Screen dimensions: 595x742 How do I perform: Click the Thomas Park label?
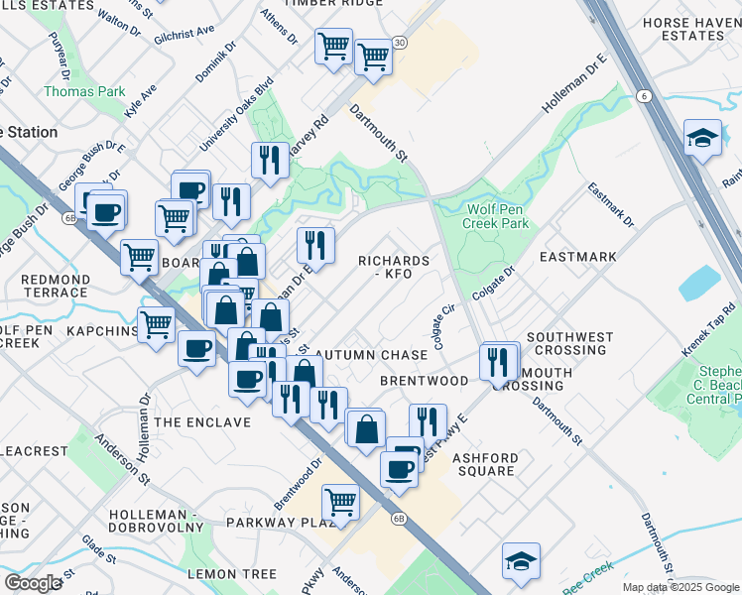pyautogui.click(x=84, y=91)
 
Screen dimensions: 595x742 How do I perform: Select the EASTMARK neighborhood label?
pyautogui.click(x=577, y=257)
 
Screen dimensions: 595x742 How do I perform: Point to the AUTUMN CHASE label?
pyautogui.click(x=378, y=355)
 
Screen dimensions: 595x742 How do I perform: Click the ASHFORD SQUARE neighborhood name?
pyautogui.click(x=484, y=464)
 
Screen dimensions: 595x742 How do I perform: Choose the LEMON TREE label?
pyautogui.click(x=232, y=574)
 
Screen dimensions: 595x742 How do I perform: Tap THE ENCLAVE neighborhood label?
pyautogui.click(x=203, y=422)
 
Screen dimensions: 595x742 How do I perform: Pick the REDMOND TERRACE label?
pyautogui.click(x=55, y=287)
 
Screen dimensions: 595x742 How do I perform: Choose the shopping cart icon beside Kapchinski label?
pyautogui.click(x=156, y=323)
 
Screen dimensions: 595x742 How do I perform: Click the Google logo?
pyautogui.click(x=33, y=583)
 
